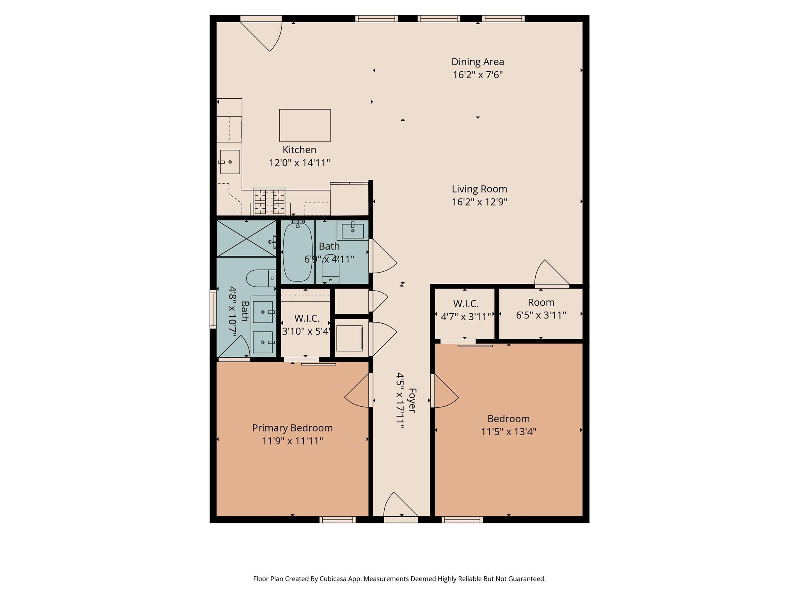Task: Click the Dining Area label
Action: pos(478,62)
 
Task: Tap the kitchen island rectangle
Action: pos(305,125)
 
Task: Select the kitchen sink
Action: pos(230,162)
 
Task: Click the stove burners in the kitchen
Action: pos(269,202)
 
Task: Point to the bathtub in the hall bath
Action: pos(297,252)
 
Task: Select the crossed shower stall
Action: pos(246,238)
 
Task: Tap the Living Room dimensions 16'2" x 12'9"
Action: pos(479,202)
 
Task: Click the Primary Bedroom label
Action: pos(292,428)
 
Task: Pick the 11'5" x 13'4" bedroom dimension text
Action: pos(508,432)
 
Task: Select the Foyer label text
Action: pos(412,400)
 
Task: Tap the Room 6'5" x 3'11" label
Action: pos(541,303)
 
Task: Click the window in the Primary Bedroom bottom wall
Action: pos(337,519)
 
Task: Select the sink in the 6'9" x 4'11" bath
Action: pos(353,230)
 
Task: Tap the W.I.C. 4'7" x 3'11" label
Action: pos(465,304)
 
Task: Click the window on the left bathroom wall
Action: pos(213,308)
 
